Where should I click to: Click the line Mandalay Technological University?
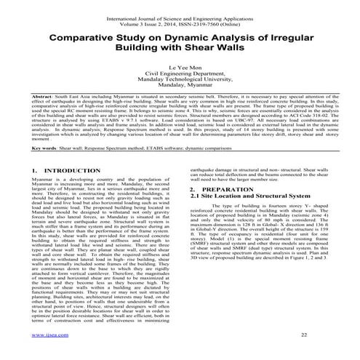180,82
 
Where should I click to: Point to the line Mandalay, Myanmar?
180,89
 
